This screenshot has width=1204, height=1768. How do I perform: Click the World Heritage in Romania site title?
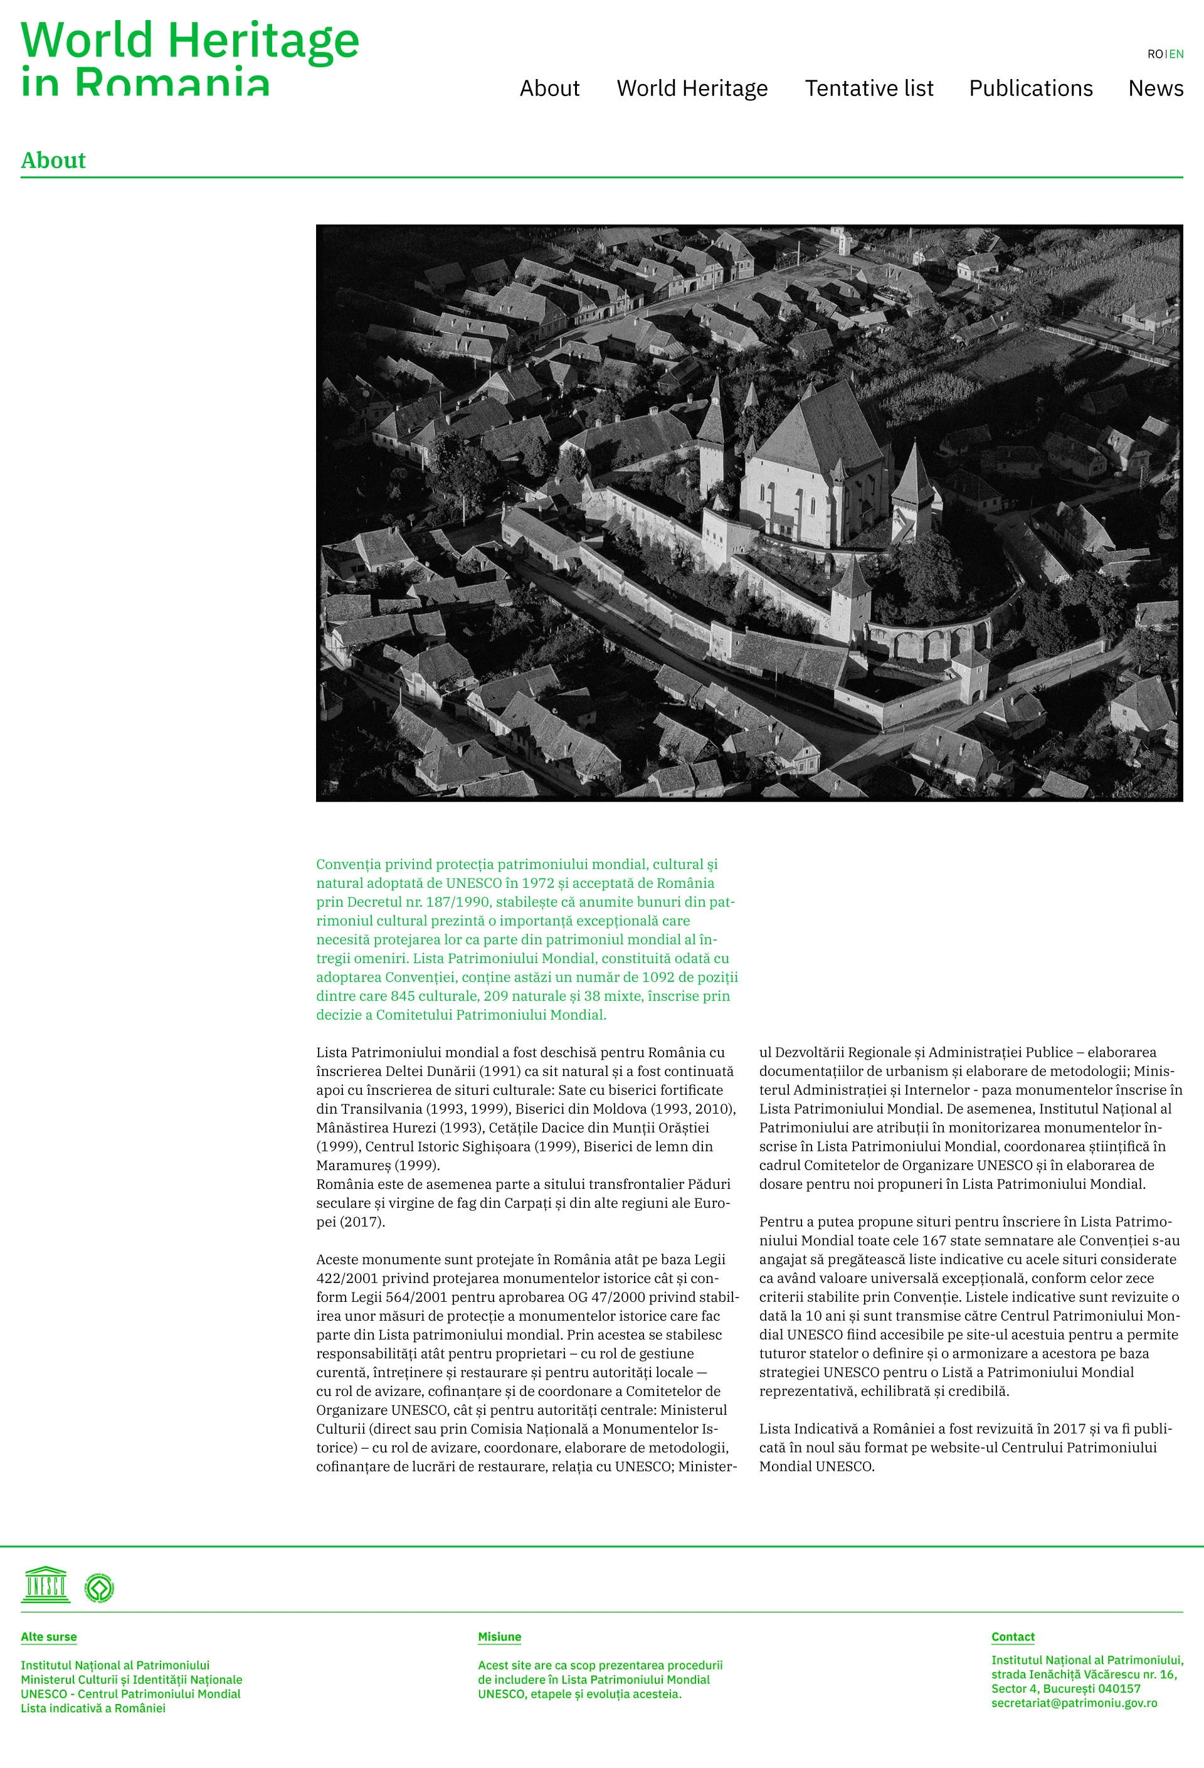[189, 57]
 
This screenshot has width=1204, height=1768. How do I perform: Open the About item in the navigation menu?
[549, 88]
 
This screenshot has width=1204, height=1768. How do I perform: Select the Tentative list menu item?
[869, 88]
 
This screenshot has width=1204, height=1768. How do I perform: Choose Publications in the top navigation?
[1030, 88]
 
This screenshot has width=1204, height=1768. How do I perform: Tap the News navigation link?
[1154, 88]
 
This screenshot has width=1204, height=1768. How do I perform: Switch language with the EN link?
[1176, 54]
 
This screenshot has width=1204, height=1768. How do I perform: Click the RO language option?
[1154, 54]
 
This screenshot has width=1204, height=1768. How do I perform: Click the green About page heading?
[53, 161]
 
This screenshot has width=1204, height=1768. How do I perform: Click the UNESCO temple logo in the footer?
[46, 1585]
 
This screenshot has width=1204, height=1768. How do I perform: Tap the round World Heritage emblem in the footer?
[99, 1588]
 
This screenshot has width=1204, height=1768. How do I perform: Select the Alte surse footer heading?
[49, 1636]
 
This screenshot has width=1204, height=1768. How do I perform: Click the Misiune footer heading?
[499, 1636]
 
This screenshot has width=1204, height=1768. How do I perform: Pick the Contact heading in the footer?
[1012, 1636]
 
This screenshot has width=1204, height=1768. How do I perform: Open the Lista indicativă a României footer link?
[93, 1708]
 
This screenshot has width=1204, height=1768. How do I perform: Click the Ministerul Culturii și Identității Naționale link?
[132, 1679]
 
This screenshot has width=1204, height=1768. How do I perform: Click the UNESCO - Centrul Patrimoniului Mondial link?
[130, 1693]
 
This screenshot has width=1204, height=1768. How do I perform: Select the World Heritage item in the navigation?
[692, 88]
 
